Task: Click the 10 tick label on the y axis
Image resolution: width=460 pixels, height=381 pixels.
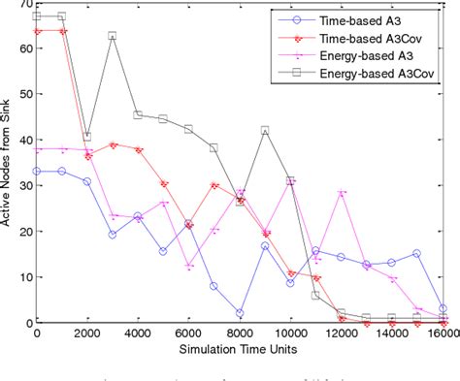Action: coord(22,276)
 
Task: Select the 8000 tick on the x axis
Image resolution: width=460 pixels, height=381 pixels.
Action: coord(240,332)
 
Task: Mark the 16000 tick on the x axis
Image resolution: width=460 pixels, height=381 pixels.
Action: coord(442,332)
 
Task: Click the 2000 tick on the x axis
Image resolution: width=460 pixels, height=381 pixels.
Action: coord(87,332)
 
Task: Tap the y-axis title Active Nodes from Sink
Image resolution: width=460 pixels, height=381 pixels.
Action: coord(9,164)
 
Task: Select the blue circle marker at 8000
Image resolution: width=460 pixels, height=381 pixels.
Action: coord(239,312)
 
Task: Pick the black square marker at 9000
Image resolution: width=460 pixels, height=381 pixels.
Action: coord(264,131)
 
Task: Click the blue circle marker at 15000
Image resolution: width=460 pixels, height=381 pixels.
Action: coord(416,253)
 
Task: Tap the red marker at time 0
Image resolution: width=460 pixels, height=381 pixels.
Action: coord(37,31)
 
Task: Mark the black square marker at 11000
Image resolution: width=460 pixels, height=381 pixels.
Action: coord(315,296)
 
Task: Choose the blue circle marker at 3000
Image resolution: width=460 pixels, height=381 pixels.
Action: coord(113,235)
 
